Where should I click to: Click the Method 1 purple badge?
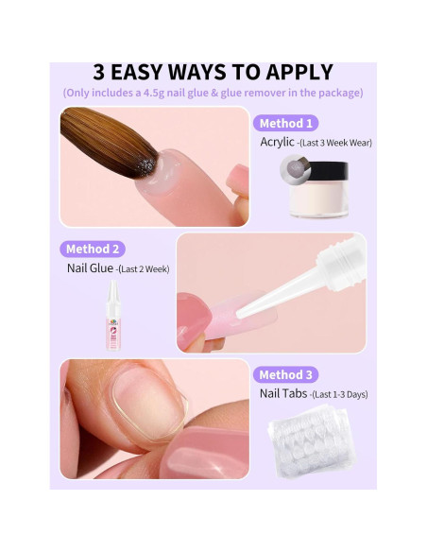[285, 123]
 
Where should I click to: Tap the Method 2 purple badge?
[94, 249]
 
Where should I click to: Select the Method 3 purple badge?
[285, 374]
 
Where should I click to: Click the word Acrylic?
[277, 142]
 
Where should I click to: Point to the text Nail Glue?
[90, 268]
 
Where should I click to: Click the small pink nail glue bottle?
[114, 317]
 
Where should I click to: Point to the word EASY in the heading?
[152, 72]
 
